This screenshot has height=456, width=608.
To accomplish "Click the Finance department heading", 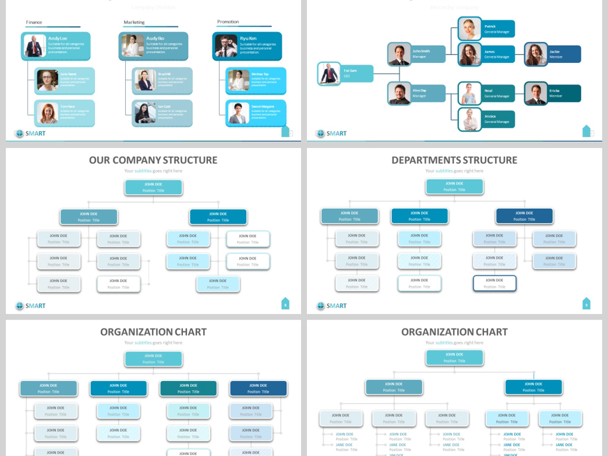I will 34,23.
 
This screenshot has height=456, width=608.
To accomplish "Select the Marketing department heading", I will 134,23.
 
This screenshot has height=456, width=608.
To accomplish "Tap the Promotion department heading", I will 228,22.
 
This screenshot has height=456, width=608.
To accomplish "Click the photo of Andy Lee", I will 34,46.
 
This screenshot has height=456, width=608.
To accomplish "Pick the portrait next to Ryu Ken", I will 226,46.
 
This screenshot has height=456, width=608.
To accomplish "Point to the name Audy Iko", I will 155,38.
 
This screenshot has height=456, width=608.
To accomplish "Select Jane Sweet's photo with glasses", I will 47,80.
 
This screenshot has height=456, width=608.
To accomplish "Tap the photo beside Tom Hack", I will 47,113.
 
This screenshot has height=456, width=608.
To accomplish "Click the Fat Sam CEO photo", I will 329,74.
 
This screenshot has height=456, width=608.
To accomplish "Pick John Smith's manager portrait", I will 400,54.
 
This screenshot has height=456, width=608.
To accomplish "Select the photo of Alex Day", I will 400,93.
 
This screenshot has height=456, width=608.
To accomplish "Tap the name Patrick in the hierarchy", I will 490,26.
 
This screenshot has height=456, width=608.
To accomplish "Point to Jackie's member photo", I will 536,54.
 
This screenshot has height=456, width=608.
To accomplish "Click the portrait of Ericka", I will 536,93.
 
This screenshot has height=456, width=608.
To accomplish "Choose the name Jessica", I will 490,116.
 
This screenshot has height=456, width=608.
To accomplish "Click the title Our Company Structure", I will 153,160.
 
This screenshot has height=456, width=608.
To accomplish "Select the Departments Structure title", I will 454,160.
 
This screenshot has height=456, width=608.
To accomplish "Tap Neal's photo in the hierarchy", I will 470,93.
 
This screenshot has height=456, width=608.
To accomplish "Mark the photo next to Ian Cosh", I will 145,113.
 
